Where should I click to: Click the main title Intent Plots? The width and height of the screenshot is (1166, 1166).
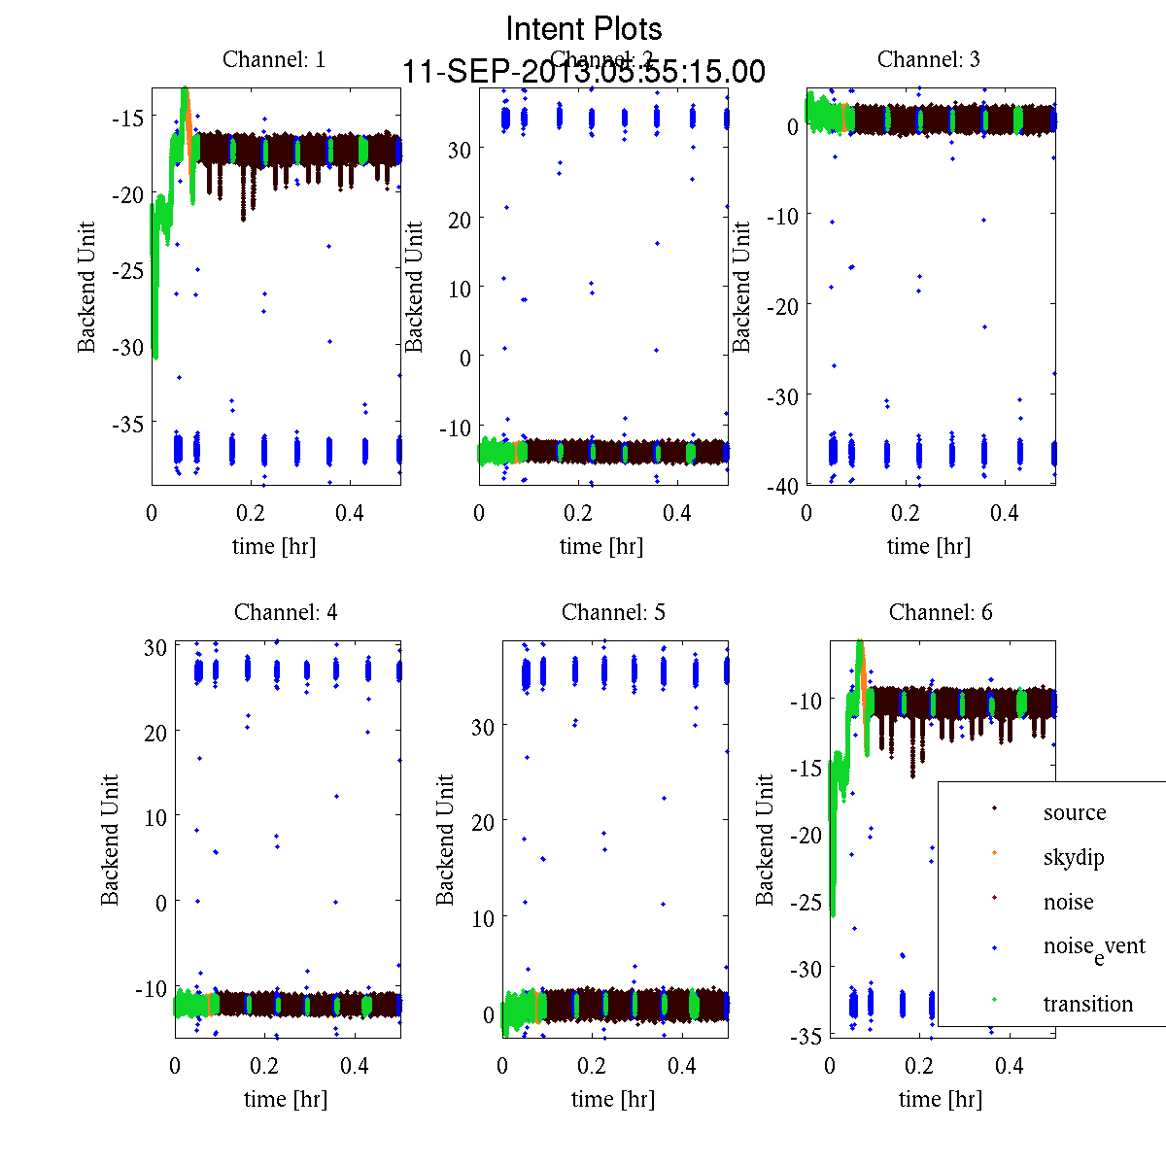[584, 28]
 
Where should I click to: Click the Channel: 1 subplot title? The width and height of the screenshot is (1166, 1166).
[274, 59]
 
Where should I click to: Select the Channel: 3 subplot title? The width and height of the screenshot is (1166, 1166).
[928, 59]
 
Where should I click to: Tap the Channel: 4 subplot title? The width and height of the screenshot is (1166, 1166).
[286, 612]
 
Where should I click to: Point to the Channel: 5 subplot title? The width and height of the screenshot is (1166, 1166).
[613, 612]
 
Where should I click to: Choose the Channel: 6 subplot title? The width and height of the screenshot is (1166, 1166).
[941, 612]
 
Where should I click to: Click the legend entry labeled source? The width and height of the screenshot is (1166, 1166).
[1074, 812]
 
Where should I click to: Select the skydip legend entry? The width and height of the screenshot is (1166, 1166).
[1074, 857]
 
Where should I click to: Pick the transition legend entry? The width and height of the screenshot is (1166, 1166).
[1087, 1004]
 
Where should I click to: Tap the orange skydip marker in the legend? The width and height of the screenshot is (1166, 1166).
[994, 853]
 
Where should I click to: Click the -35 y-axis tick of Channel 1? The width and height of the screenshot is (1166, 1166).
[126, 424]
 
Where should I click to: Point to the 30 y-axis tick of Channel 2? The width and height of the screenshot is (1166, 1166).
[459, 150]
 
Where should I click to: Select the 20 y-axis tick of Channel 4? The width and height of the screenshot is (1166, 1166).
[155, 732]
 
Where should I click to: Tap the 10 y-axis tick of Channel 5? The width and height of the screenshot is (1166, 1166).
[483, 918]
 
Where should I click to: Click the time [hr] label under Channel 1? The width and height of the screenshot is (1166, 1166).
[274, 546]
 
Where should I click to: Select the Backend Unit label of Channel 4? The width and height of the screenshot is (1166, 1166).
[110, 840]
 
